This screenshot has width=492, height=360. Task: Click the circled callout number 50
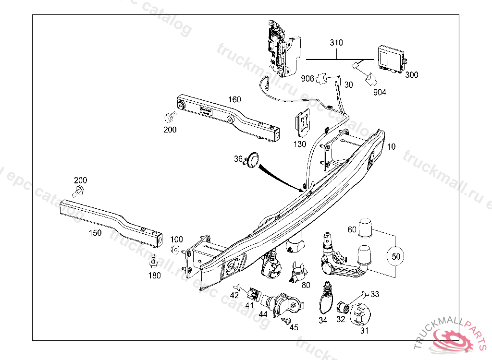pyautogui.click(x=395, y=256)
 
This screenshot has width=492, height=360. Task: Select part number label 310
pyautogui.click(x=336, y=43)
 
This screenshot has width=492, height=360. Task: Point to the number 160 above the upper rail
pyautogui.click(x=234, y=100)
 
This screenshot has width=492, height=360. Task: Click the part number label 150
pyautogui.click(x=95, y=233)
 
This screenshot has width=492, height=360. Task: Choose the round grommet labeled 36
pyautogui.click(x=252, y=159)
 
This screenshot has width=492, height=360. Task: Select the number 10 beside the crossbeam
pyautogui.click(x=392, y=147)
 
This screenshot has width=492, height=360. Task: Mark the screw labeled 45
pyautogui.click(x=287, y=320)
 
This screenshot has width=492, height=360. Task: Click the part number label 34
pyautogui.click(x=323, y=321)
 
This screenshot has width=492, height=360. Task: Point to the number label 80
pyautogui.click(x=306, y=285)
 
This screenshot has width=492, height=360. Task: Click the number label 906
pyautogui.click(x=308, y=78)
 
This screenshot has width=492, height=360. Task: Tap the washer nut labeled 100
pyautogui.click(x=176, y=249)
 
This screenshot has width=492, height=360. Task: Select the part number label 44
pyautogui.click(x=263, y=314)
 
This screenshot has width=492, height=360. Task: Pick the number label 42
pyautogui.click(x=234, y=296)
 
